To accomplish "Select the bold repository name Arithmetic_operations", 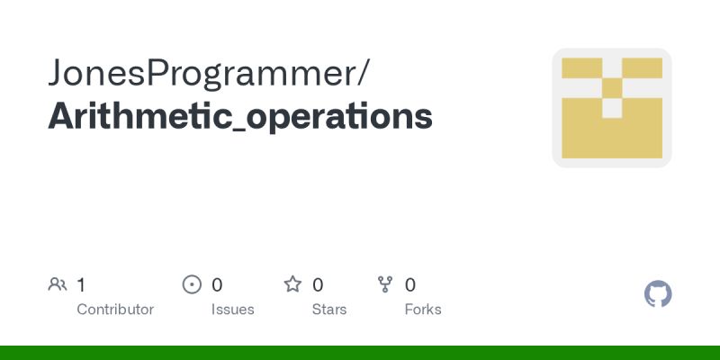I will (x=239, y=118).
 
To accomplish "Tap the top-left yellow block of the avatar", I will (x=581, y=67).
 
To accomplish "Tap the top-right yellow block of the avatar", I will (x=642, y=67).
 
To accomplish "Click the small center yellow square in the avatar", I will (x=612, y=88).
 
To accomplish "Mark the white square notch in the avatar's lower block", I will (x=612, y=108).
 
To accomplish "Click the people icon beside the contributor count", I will (x=58, y=285).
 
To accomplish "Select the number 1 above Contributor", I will (x=81, y=285).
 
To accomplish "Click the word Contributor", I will (x=115, y=310).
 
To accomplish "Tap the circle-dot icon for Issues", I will (x=192, y=285).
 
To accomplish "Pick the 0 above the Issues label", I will (x=217, y=285).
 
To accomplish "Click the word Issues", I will (x=232, y=310).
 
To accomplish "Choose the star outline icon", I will (x=292, y=285).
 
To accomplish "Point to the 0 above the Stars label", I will (x=318, y=285).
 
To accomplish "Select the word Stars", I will (x=329, y=310).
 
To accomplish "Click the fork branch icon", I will (x=385, y=285).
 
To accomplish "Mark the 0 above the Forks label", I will (x=410, y=285).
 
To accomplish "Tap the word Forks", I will (x=423, y=310).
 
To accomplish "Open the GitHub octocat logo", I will (x=659, y=294).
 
